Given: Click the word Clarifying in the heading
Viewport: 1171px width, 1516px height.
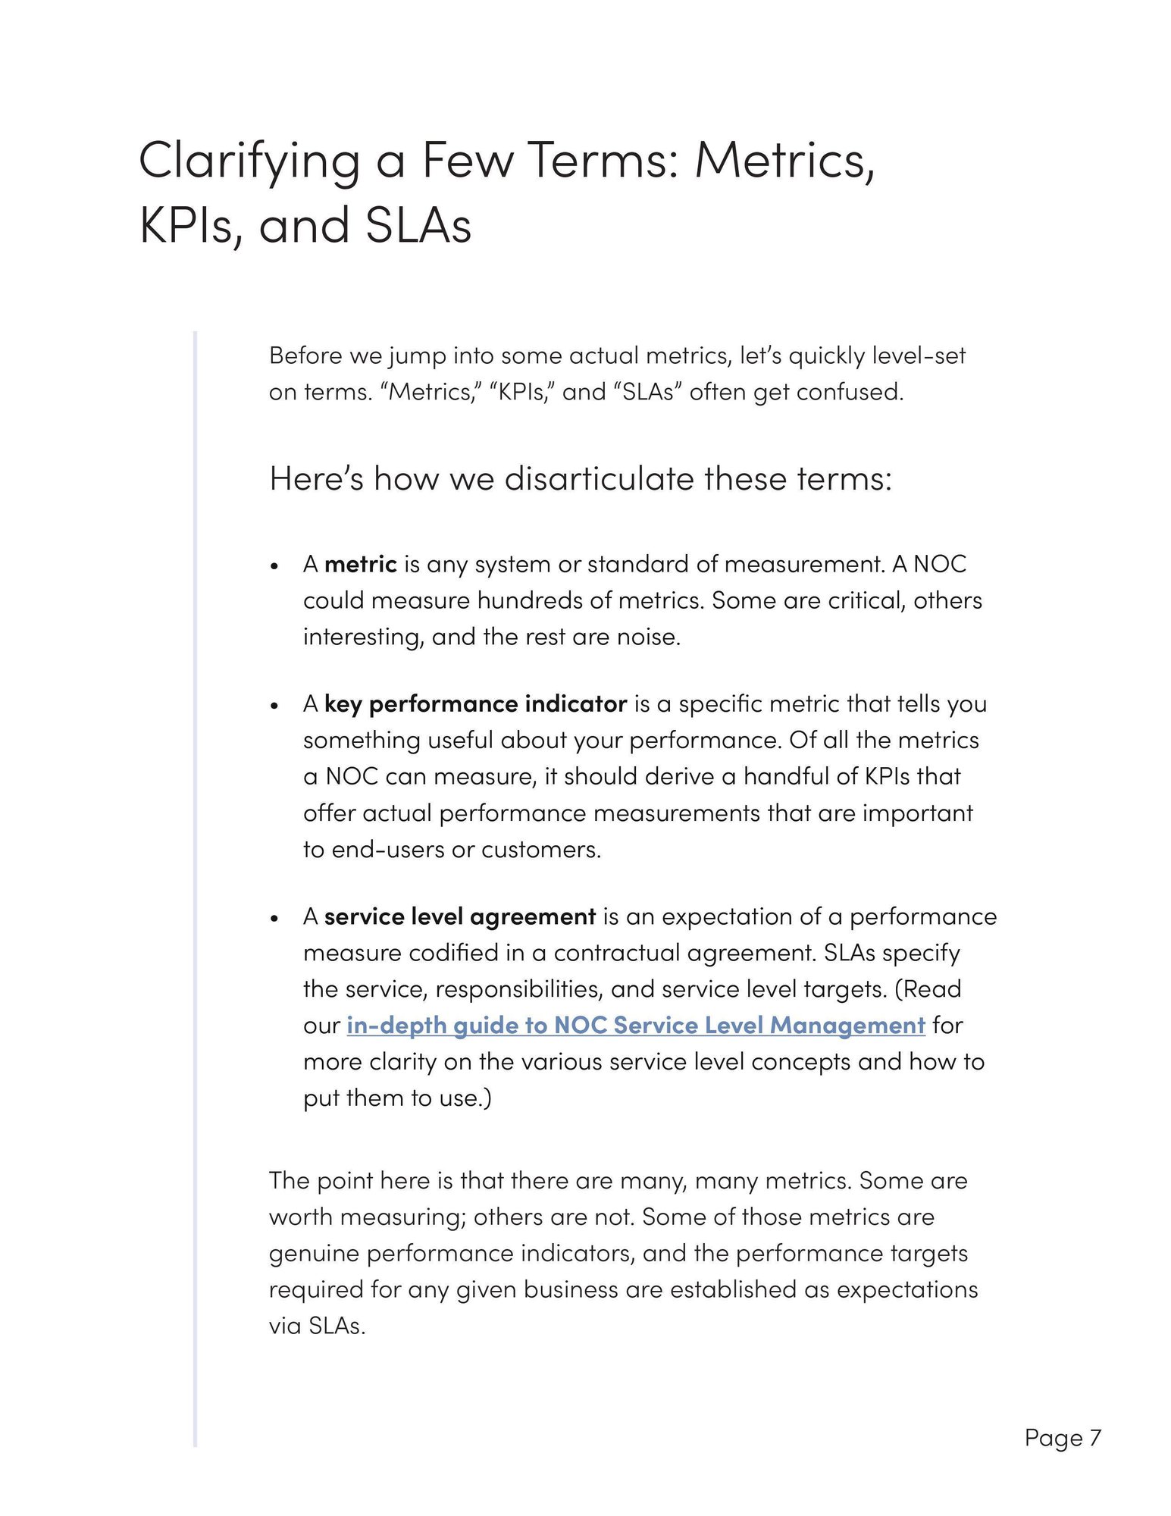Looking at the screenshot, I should tap(249, 161).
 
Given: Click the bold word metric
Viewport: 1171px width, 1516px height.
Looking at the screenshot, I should tap(360, 564).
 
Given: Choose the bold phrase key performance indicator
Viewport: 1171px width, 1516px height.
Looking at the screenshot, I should tap(475, 704).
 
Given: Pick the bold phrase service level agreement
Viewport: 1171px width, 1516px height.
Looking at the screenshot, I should tap(459, 916).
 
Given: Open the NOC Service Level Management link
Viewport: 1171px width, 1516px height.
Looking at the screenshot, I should tap(636, 1026).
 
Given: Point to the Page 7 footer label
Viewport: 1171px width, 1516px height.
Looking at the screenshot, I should tap(1063, 1437).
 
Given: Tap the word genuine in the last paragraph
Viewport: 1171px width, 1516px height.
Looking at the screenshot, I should tap(314, 1253).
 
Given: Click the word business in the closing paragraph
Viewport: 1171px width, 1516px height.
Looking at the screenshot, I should tap(570, 1289).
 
